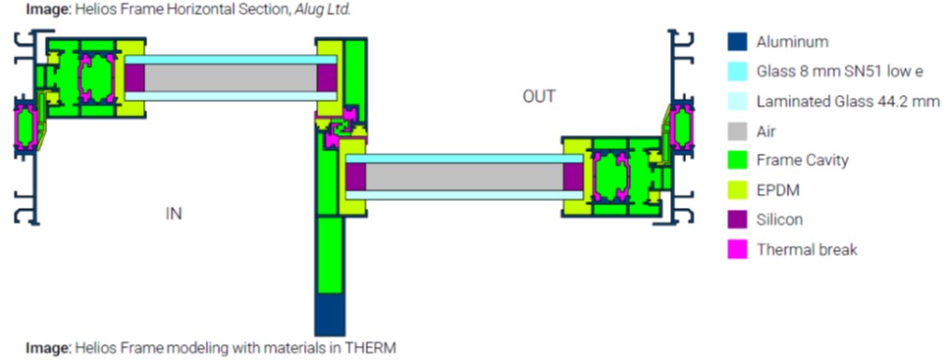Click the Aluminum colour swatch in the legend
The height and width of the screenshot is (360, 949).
tap(737, 42)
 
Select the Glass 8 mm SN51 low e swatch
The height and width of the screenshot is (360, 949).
tap(737, 72)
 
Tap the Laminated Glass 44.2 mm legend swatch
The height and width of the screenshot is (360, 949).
tap(737, 101)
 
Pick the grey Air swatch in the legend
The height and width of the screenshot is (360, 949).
tap(737, 130)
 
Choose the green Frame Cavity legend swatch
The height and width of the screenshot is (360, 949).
tap(737, 160)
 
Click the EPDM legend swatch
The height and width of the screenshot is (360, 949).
tap(737, 190)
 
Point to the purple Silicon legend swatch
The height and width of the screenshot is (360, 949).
tap(737, 220)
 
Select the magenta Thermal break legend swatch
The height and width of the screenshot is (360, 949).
tap(737, 249)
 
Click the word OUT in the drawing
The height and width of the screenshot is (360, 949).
tap(539, 97)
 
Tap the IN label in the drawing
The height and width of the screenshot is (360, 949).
tap(174, 214)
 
